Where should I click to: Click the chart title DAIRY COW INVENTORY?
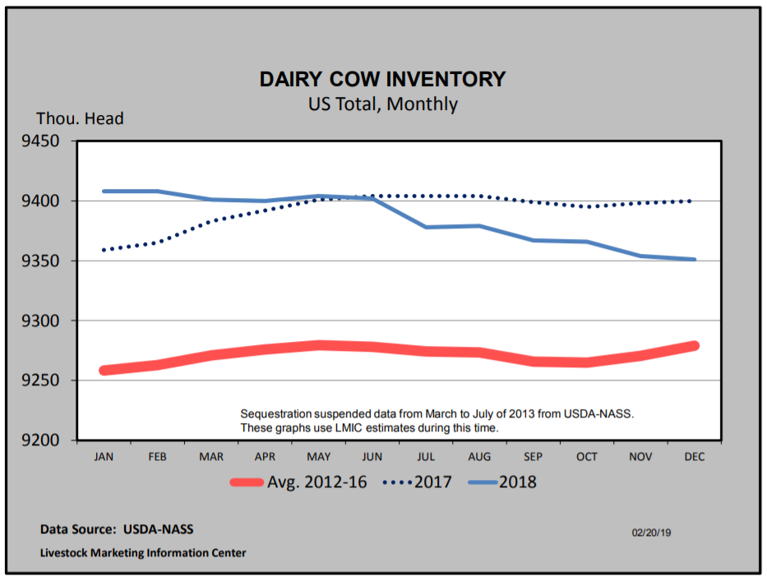pyautogui.click(x=382, y=79)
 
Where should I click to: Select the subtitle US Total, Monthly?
pyautogui.click(x=382, y=104)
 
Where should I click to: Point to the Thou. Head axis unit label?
pyautogui.click(x=80, y=119)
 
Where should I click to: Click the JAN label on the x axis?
pyautogui.click(x=104, y=455)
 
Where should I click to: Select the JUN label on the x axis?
pyautogui.click(x=372, y=455)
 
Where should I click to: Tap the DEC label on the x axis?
pyautogui.click(x=695, y=455)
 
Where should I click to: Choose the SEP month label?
pyautogui.click(x=534, y=455)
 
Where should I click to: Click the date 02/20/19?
pyautogui.click(x=651, y=533)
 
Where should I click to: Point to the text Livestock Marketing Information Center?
pyautogui.click(x=143, y=553)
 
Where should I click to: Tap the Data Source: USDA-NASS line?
pyautogui.click(x=117, y=529)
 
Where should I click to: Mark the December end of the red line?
pyautogui.click(x=694, y=346)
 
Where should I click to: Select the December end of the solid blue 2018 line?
pyautogui.click(x=695, y=260)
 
